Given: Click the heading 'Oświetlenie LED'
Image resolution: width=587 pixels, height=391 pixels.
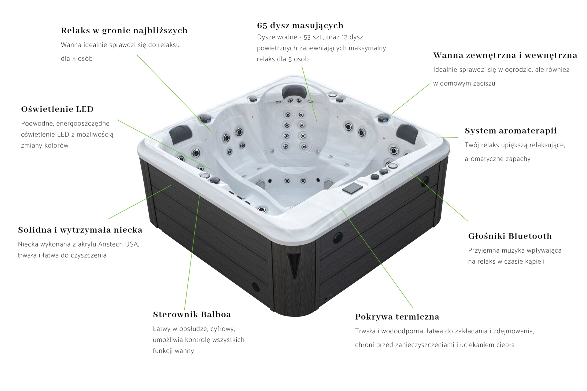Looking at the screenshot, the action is tap(57, 109).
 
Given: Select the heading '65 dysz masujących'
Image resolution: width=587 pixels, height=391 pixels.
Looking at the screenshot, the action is tap(300, 26).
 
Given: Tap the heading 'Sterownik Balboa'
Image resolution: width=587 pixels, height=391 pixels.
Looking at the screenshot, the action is tap(192, 315).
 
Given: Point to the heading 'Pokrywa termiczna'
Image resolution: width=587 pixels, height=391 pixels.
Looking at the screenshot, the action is tap(397, 317).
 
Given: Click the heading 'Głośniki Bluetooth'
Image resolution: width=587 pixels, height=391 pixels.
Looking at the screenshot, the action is tap(510, 236).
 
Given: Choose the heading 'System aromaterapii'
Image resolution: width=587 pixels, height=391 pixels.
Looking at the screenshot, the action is tap(511, 131).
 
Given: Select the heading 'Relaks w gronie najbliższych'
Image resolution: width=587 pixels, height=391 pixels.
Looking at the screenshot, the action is tap(124, 31).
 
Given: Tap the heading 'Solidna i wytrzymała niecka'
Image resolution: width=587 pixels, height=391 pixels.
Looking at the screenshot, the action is tap(80, 230).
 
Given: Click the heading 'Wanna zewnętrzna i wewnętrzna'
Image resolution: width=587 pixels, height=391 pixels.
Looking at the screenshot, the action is tap(505, 56).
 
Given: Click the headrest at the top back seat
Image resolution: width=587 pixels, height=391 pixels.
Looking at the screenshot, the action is tap(294, 91).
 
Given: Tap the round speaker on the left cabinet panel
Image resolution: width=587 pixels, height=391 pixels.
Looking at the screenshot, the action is tap(256, 287).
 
